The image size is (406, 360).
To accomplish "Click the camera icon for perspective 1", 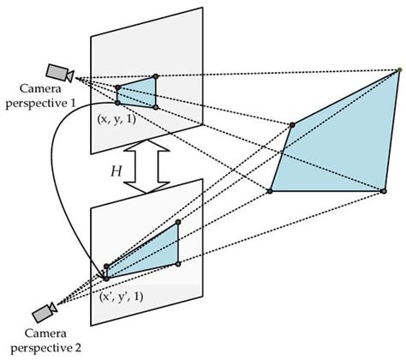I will point(60,71).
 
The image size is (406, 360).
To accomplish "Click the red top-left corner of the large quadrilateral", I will point(293,125).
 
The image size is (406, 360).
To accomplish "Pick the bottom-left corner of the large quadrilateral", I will point(270,191).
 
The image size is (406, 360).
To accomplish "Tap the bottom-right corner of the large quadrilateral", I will point(380,191).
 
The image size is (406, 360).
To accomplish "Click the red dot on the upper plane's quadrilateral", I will point(117,87).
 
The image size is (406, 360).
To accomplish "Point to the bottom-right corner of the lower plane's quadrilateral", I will point(178,264).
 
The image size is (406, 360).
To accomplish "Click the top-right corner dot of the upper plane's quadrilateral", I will point(155,77).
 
